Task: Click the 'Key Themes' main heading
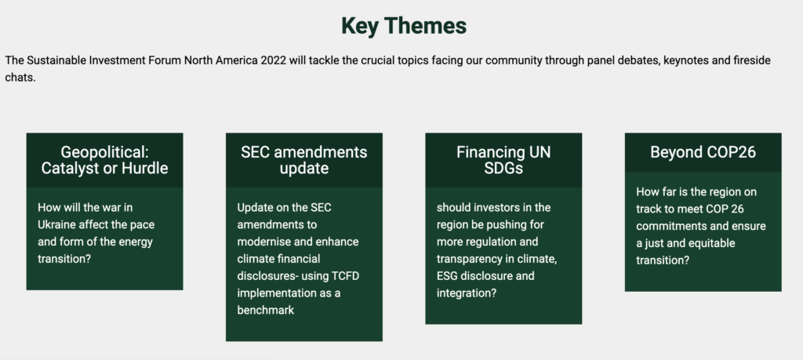coord(404,26)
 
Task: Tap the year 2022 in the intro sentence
coord(273,60)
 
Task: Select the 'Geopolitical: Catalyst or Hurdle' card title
coord(104,160)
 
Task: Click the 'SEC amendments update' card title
coord(304,160)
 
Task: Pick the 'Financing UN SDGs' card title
coord(503,160)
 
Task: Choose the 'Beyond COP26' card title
coord(703,152)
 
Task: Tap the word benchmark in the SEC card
coord(265,311)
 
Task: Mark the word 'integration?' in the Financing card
coord(466,293)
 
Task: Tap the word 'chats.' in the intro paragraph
coord(20,78)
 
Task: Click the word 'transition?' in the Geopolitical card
coord(64,259)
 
